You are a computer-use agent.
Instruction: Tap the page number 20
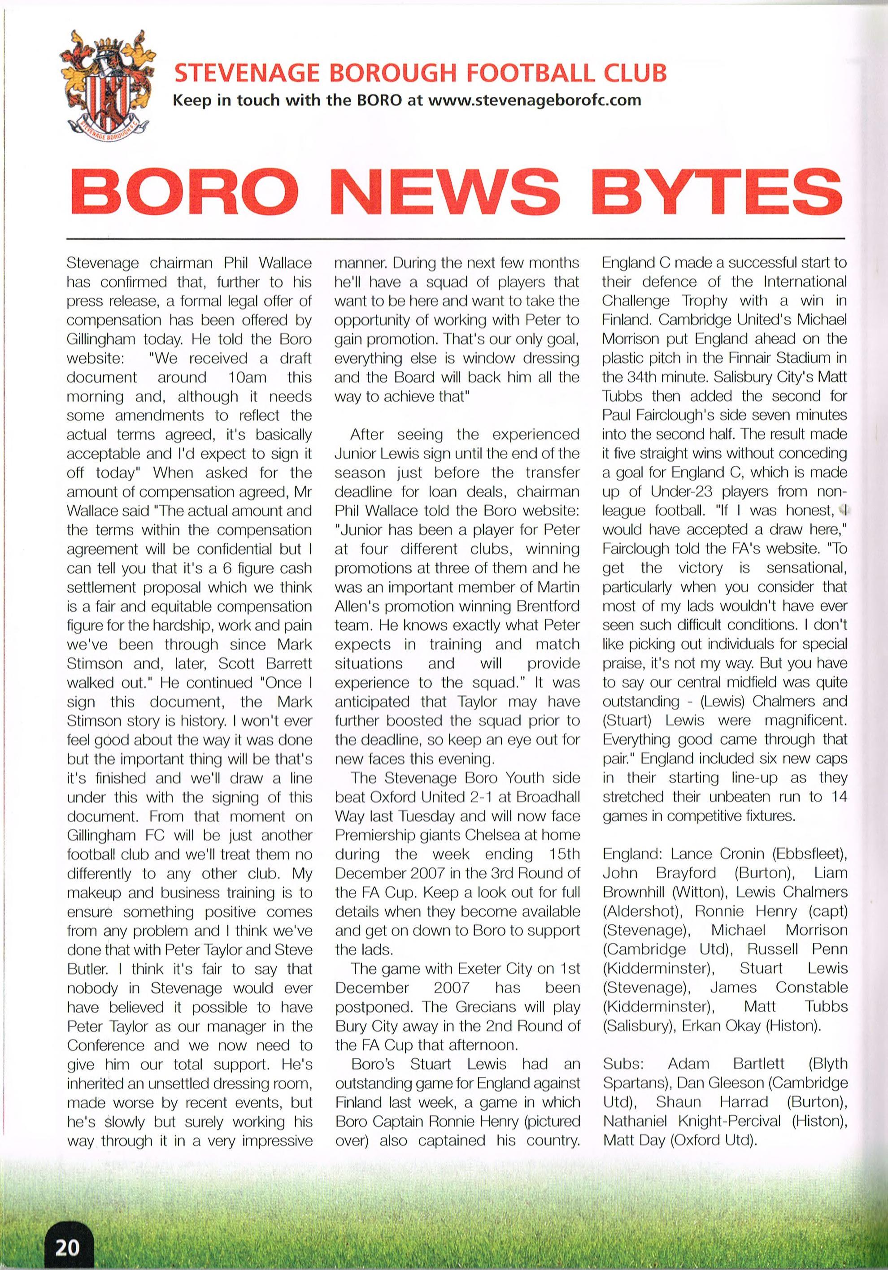click(66, 1245)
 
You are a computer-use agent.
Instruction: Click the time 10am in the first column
click(247, 378)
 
